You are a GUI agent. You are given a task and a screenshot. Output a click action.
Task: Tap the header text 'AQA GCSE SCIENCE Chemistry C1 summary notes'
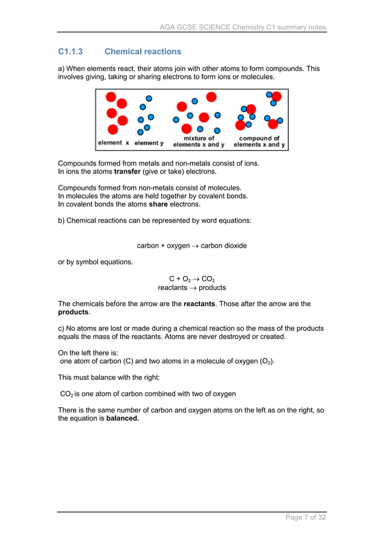tap(243, 27)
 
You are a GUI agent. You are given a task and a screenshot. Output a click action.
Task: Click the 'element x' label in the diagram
tap(113, 143)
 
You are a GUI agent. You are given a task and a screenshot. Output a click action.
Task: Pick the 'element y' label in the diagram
tap(149, 143)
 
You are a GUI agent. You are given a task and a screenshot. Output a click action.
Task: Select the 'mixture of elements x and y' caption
tap(199, 142)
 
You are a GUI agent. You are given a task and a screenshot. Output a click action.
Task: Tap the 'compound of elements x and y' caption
tap(260, 142)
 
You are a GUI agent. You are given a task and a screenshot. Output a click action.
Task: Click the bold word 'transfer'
tap(130, 171)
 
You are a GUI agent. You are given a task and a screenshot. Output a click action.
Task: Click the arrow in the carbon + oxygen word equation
tap(194, 246)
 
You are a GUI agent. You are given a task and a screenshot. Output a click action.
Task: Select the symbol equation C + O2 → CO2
tap(191, 279)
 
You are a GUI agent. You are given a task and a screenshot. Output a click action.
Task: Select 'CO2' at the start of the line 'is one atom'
tap(66, 394)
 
